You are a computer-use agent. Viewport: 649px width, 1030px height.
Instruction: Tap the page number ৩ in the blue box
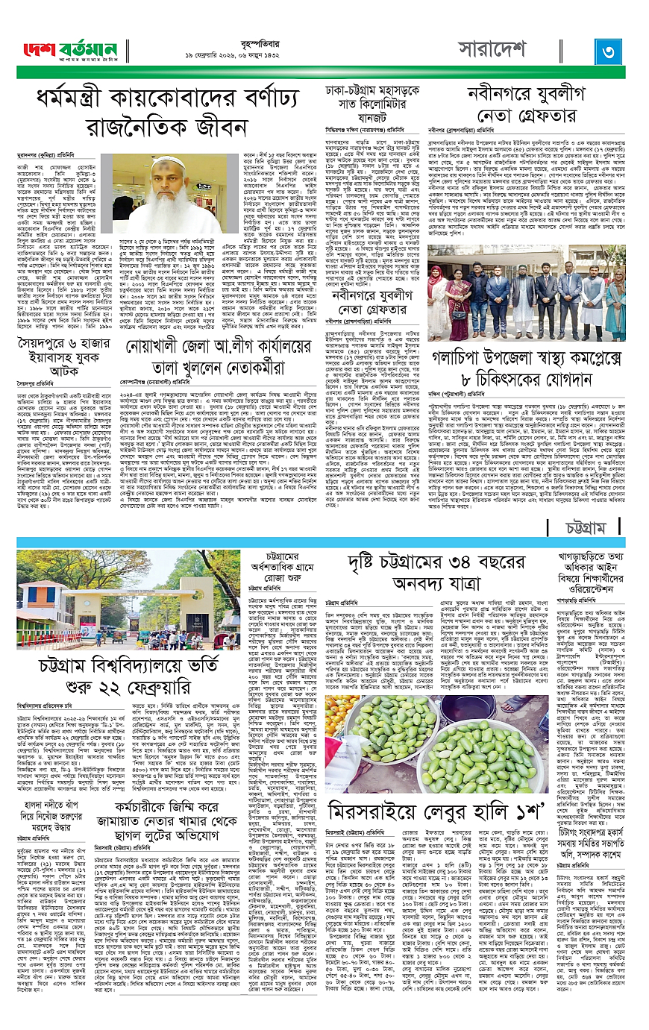point(609,51)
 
